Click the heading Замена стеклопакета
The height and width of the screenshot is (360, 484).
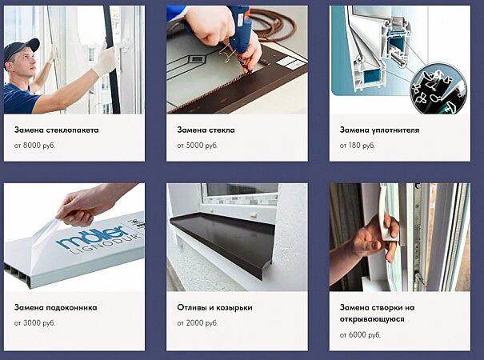pyautogui.click(x=57, y=130)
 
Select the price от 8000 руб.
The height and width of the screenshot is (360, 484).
pyautogui.click(x=35, y=146)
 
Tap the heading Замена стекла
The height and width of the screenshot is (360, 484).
pyautogui.click(x=206, y=130)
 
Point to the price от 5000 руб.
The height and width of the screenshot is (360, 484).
pyautogui.click(x=198, y=146)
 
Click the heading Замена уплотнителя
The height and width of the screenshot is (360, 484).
pyautogui.click(x=379, y=130)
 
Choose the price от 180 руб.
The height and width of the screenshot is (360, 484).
pyautogui.click(x=357, y=146)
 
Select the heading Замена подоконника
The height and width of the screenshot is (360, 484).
pyautogui.click(x=55, y=307)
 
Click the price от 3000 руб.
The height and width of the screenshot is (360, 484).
pyautogui.click(x=35, y=323)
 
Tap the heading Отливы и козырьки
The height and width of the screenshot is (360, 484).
pyautogui.click(x=215, y=307)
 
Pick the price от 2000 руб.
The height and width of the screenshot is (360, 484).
pyautogui.click(x=198, y=323)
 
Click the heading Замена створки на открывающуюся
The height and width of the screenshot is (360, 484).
pyautogui.click(x=377, y=313)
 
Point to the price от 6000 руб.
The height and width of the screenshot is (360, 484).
pyautogui.click(x=360, y=334)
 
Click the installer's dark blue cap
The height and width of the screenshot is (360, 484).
pyautogui.click(x=20, y=50)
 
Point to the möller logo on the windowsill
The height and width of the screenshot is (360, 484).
pyautogui.click(x=93, y=236)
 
